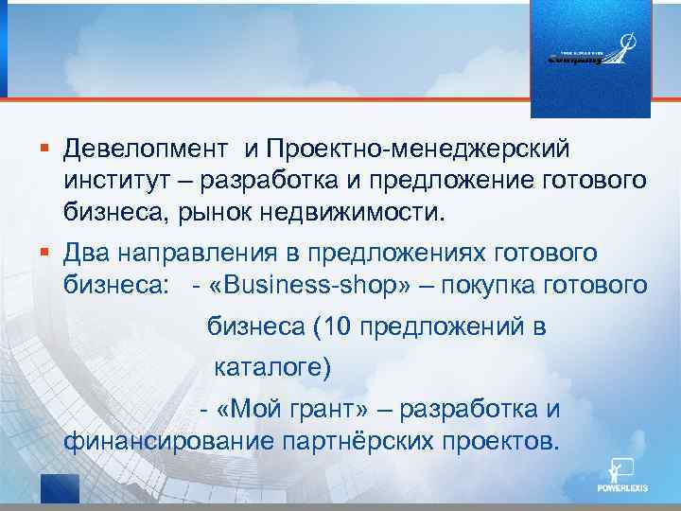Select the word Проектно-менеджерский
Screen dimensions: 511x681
point(417,149)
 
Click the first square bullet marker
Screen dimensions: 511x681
point(44,149)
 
